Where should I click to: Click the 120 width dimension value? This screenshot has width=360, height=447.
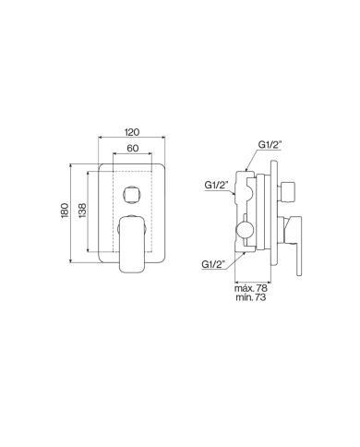[132, 133]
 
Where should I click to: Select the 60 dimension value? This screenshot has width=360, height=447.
[132, 148]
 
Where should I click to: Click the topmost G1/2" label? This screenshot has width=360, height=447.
[270, 145]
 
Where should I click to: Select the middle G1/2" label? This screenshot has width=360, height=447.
[217, 185]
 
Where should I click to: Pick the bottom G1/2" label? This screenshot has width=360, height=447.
[214, 264]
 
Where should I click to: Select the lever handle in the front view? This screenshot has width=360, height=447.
[132, 242]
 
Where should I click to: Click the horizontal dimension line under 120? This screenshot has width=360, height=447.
[132, 140]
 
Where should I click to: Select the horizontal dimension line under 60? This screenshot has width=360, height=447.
[132, 155]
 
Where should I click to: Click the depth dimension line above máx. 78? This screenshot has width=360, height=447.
[255, 281]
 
